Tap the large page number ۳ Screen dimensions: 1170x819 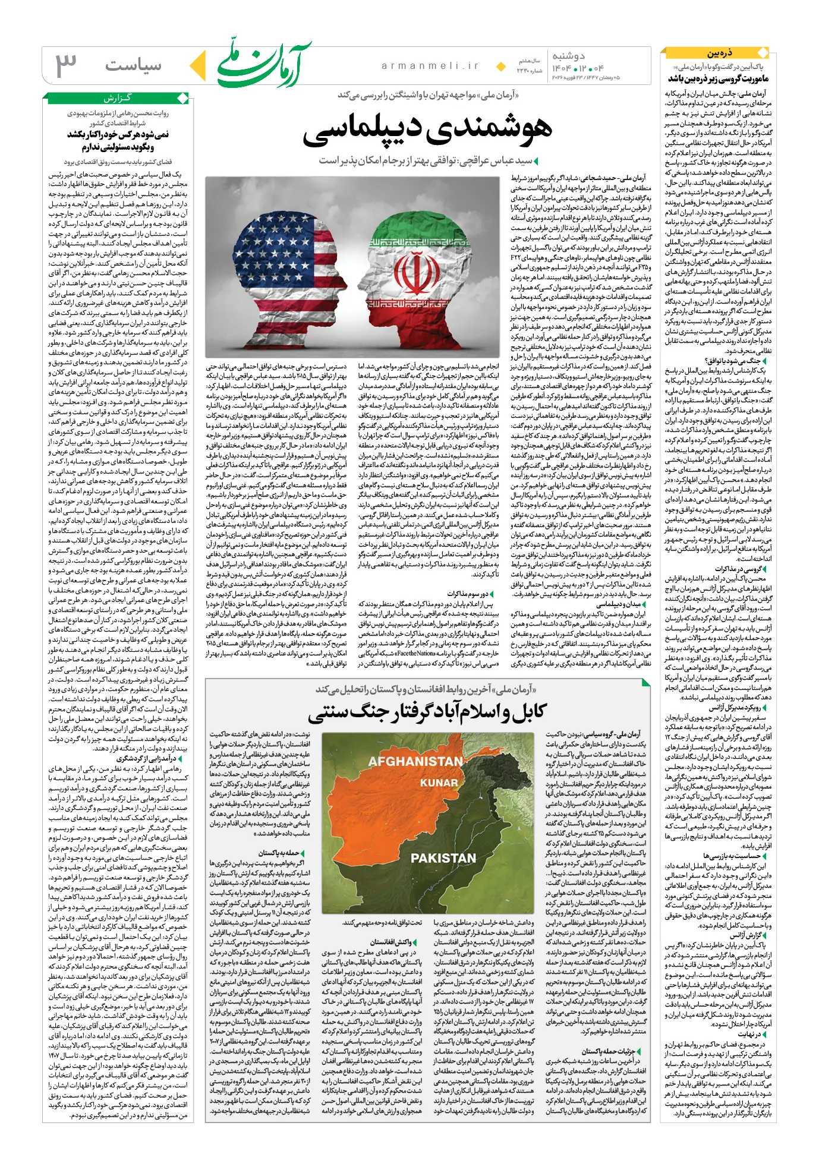(66, 65)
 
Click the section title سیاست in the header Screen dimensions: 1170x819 (133, 65)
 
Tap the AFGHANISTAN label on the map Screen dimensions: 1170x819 (415, 761)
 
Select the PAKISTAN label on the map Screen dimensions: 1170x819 (443, 857)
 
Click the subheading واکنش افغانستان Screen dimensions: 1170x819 (390, 942)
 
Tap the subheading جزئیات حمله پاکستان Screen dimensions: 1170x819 (608, 1051)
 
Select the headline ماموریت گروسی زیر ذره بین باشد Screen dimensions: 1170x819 (718, 78)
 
